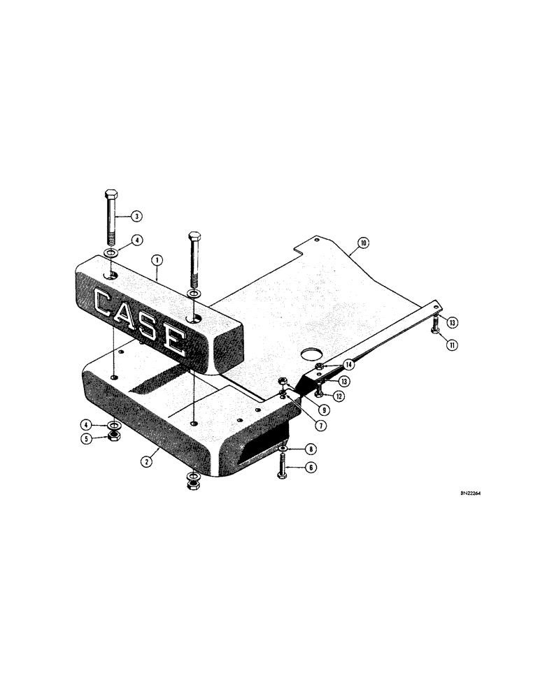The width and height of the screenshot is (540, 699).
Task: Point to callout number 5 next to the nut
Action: pyautogui.click(x=87, y=439)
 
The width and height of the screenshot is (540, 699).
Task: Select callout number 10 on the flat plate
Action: pyautogui.click(x=363, y=244)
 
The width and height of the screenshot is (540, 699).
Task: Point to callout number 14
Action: pyautogui.click(x=348, y=364)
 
